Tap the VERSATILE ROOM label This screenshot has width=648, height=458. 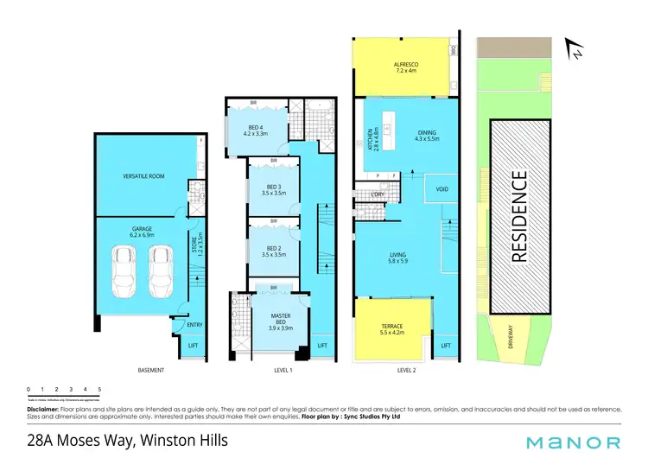coord(143,176)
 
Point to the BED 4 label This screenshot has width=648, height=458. coord(256,130)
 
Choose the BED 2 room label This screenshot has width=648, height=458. coord(273,251)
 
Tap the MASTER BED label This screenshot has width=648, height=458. coord(279,319)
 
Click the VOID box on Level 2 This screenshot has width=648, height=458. coord(442,188)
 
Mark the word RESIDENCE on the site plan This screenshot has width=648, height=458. coord(519,217)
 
